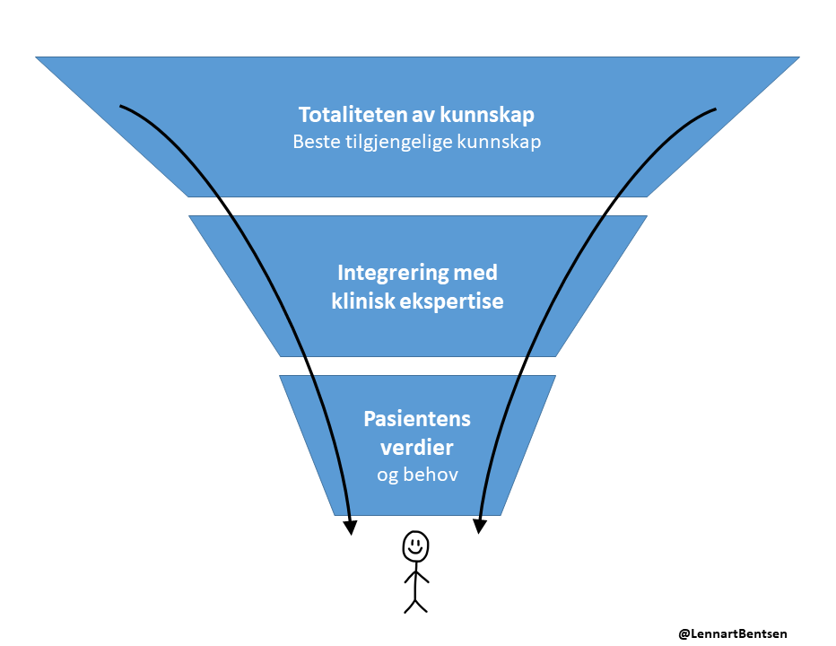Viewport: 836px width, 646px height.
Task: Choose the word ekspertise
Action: point(452,301)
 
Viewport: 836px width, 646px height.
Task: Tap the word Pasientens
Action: point(417,419)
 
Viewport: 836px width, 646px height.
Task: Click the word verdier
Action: point(417,447)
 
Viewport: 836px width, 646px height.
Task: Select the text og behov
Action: point(417,475)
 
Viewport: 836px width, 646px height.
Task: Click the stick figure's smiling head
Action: point(415,545)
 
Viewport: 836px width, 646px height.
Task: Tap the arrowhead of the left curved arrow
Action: point(351,527)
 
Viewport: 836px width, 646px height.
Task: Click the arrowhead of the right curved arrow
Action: point(480,527)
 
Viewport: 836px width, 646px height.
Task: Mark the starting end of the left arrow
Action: point(121,106)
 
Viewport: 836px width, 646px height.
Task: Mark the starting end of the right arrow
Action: point(715,109)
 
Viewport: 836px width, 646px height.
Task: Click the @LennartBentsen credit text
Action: point(733,633)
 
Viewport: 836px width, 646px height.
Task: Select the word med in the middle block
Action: point(476,273)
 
